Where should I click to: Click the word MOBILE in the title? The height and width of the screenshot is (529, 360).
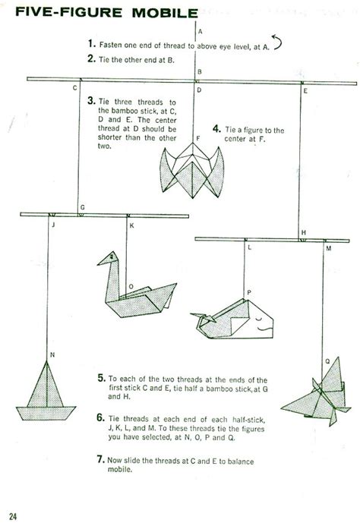coord(155,13)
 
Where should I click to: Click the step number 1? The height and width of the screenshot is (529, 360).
coord(90,45)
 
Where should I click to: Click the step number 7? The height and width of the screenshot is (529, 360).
coord(100,458)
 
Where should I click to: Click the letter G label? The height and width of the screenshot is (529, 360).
coord(82,207)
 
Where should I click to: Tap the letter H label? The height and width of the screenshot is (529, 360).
coord(303,231)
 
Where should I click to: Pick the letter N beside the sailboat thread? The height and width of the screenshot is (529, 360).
coord(52,354)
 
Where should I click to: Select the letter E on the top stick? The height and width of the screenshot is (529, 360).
coord(305,90)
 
